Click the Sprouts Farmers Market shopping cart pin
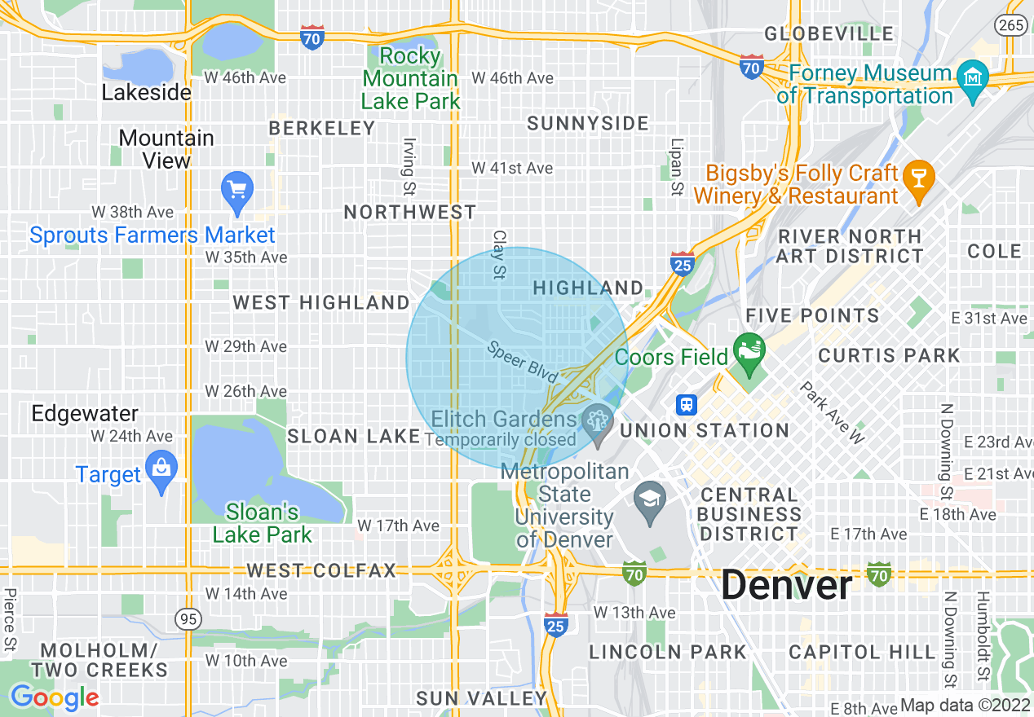pos(237,192)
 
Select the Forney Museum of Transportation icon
pos(972,80)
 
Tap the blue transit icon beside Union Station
pos(687,405)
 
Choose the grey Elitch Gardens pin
pos(599,421)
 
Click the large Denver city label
pos(787,585)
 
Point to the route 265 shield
pos(1011,25)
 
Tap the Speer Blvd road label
pos(523,363)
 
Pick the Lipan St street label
pos(676,167)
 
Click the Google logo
pos(54,698)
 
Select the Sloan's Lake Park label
pos(263,523)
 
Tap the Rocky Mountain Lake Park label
pos(410,78)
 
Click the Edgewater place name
pos(85,413)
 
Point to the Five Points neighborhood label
pos(812,316)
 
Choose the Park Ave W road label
pos(831,413)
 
